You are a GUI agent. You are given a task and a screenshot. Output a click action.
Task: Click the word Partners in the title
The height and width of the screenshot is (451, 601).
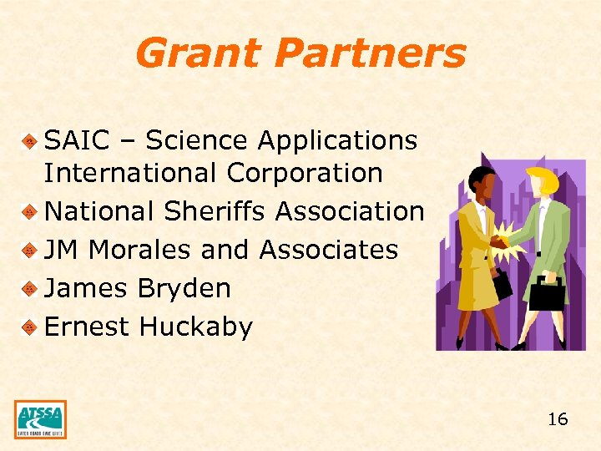[x=369, y=53]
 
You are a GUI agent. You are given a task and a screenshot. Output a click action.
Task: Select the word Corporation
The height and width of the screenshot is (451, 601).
[x=304, y=174]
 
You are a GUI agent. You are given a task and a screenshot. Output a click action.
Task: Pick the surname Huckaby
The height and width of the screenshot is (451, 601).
[x=195, y=327]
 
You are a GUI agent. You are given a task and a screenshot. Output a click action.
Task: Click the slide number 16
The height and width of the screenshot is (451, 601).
[x=558, y=419]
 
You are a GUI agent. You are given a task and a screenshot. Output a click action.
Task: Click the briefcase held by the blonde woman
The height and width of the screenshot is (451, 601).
[x=548, y=293]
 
